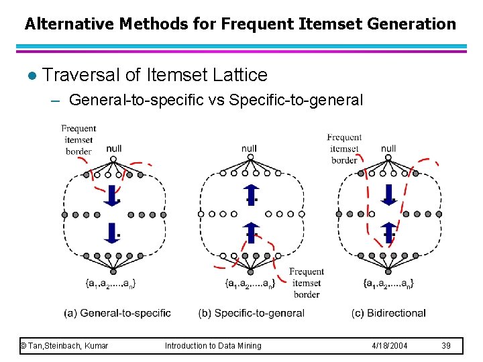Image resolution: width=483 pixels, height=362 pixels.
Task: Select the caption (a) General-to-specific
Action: (117, 312)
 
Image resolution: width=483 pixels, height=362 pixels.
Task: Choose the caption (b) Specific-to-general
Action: (252, 312)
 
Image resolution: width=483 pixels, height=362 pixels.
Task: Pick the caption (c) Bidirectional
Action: (388, 312)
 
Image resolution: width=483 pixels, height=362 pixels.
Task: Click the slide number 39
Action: (446, 345)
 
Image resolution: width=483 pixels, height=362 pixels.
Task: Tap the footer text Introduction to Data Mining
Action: (213, 345)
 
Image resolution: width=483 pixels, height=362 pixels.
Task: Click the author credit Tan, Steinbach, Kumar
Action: (64, 345)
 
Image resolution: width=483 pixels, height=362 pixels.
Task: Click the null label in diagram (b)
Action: (249, 148)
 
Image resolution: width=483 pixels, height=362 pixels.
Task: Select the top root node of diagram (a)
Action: (113, 159)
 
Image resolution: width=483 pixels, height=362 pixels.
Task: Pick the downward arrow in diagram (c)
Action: (388, 194)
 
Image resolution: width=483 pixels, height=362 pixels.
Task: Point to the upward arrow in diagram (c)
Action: (388, 233)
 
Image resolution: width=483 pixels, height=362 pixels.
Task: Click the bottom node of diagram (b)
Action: (250, 271)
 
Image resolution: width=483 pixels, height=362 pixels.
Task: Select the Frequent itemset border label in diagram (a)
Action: (78, 139)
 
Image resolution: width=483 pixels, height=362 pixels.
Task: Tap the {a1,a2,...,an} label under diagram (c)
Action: (388, 284)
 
